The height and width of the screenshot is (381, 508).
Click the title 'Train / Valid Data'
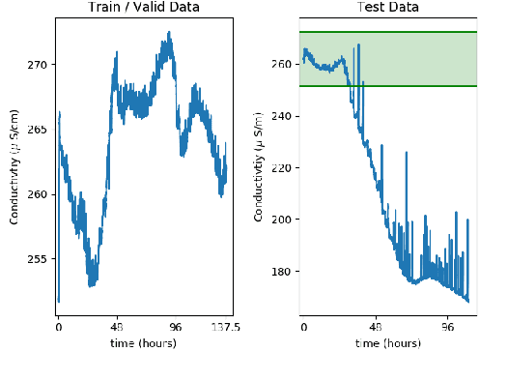tap(144, 9)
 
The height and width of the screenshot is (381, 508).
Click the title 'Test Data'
tap(389, 9)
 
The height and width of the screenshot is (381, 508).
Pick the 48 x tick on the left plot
tap(117, 328)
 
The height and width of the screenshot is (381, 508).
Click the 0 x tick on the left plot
tap(58, 328)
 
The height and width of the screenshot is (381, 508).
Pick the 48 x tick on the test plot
tap(377, 328)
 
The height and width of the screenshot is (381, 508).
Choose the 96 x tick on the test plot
tap(449, 328)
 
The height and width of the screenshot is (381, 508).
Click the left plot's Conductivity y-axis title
tap(15, 167)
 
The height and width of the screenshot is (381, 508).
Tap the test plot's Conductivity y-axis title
tap(260, 167)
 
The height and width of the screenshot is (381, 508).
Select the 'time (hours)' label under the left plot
tap(144, 343)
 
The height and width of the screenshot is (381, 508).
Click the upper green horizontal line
tap(389, 32)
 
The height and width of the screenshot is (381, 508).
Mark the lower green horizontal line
tap(389, 86)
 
